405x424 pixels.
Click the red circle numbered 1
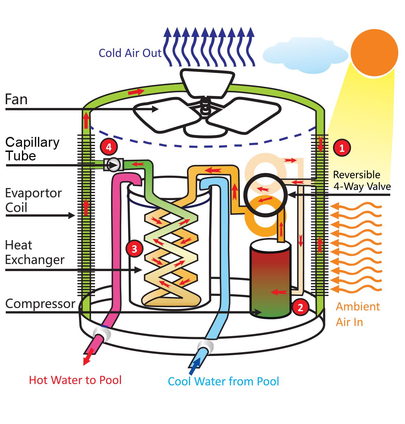[342, 148]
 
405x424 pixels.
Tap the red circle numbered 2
[300, 307]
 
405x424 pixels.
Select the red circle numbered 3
[134, 249]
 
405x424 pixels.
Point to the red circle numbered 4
[109, 147]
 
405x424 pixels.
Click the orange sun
[374, 53]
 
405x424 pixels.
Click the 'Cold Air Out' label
[130, 53]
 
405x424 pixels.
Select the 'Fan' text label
[16, 99]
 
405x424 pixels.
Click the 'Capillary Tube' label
[32, 149]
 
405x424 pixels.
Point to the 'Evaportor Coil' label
[33, 200]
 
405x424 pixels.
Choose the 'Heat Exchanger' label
[34, 252]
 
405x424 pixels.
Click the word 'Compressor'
[40, 303]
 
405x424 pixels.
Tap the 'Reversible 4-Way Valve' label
[361, 180]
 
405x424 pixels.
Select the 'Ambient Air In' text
[357, 314]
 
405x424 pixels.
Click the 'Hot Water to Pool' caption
[75, 380]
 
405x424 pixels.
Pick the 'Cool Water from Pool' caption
[223, 381]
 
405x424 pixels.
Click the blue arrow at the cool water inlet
[194, 366]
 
